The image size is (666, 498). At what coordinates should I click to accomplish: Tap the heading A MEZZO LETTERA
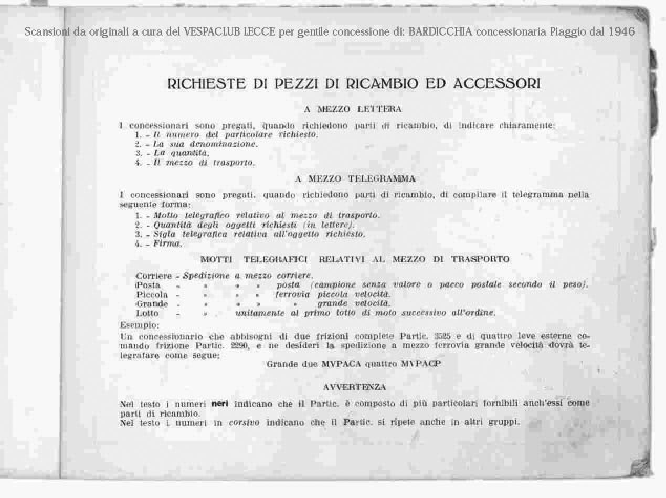(353, 109)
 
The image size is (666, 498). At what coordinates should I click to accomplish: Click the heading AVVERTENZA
(354, 387)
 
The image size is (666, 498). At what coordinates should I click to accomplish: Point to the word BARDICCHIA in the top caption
(440, 31)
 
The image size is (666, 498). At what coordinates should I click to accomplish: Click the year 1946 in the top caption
(621, 31)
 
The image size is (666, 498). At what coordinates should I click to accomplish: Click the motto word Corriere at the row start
(154, 276)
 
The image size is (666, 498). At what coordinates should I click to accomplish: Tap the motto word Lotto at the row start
(147, 313)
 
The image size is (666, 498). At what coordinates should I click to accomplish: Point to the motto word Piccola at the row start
(152, 294)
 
